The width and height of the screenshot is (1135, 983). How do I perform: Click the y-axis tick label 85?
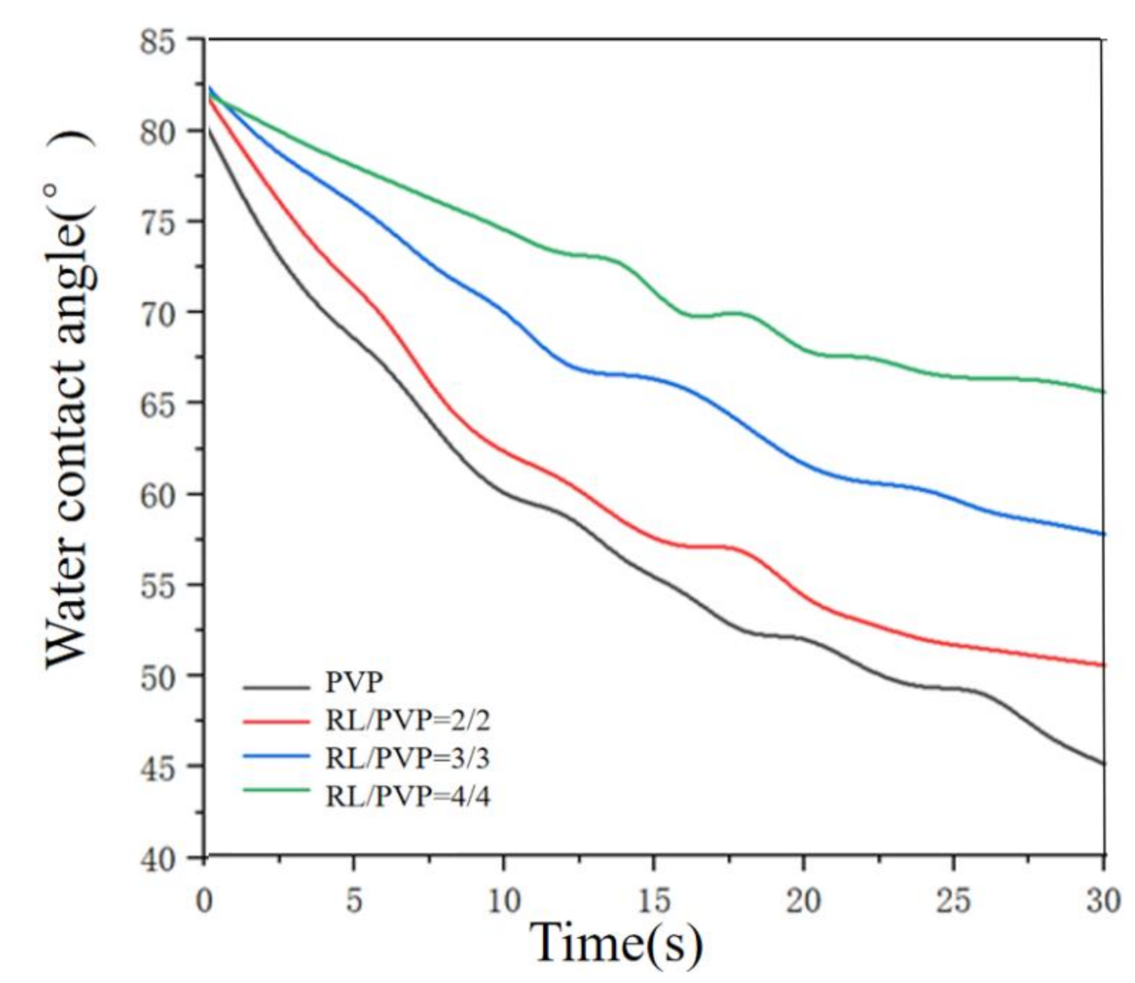pyautogui.click(x=157, y=41)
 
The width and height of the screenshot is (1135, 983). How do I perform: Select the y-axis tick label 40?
pyautogui.click(x=157, y=859)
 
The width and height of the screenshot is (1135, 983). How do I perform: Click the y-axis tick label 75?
pyautogui.click(x=157, y=222)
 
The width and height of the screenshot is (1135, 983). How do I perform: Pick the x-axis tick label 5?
pyautogui.click(x=354, y=900)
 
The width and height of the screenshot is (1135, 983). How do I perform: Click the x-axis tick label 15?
pyautogui.click(x=653, y=900)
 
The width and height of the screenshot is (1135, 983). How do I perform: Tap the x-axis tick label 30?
pyautogui.click(x=1102, y=900)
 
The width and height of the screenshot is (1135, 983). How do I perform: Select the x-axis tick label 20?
pyautogui.click(x=803, y=900)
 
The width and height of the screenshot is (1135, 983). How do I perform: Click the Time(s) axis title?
pyautogui.click(x=616, y=943)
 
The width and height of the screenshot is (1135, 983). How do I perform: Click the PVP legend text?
pyautogui.click(x=354, y=683)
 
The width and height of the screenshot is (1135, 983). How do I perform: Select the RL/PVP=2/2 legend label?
pyautogui.click(x=407, y=720)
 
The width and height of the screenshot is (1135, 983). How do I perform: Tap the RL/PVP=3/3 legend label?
pyautogui.click(x=407, y=758)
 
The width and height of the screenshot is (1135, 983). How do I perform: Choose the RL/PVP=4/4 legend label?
pyautogui.click(x=407, y=795)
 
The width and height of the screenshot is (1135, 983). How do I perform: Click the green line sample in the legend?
pyautogui.click(x=276, y=790)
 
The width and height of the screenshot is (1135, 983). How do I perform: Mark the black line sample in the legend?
pyautogui.click(x=276, y=687)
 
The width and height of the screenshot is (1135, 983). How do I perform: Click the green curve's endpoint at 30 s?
pyautogui.click(x=1103, y=391)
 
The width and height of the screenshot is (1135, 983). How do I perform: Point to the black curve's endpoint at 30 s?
pyautogui.click(x=1103, y=764)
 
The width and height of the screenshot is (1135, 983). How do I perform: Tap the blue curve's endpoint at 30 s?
pyautogui.click(x=1103, y=534)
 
